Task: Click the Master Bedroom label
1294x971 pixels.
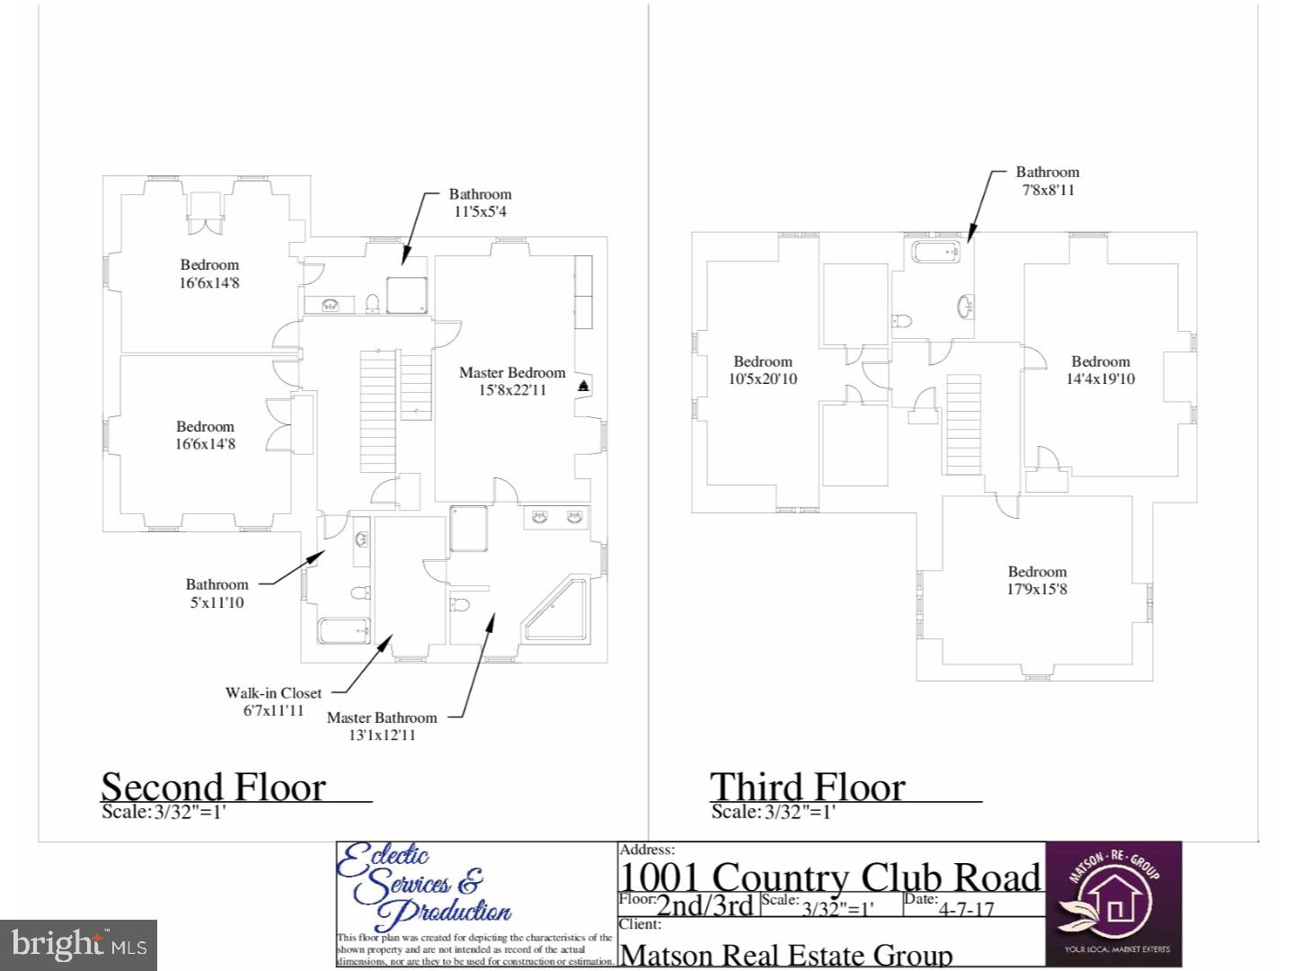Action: [x=512, y=373]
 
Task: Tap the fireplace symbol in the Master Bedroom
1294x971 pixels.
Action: [x=583, y=387]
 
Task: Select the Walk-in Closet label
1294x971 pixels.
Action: [x=273, y=693]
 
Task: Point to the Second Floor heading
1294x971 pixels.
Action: [x=213, y=788]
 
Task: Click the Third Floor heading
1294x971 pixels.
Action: [x=807, y=788]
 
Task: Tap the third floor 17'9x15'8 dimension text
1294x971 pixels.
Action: [x=1037, y=590]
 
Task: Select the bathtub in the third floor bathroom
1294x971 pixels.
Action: [x=935, y=252]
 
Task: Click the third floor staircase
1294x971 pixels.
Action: [x=962, y=425]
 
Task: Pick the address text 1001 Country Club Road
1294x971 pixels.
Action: [x=830, y=877]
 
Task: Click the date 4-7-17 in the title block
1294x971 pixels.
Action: [x=966, y=908]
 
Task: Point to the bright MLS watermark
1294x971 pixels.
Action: [x=79, y=944]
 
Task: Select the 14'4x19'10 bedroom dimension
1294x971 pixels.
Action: [x=1100, y=379]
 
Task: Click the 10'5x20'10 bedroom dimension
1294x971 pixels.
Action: [x=762, y=379]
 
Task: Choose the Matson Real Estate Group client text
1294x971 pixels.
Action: [x=786, y=955]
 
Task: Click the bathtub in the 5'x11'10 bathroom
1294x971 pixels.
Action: [x=344, y=631]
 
